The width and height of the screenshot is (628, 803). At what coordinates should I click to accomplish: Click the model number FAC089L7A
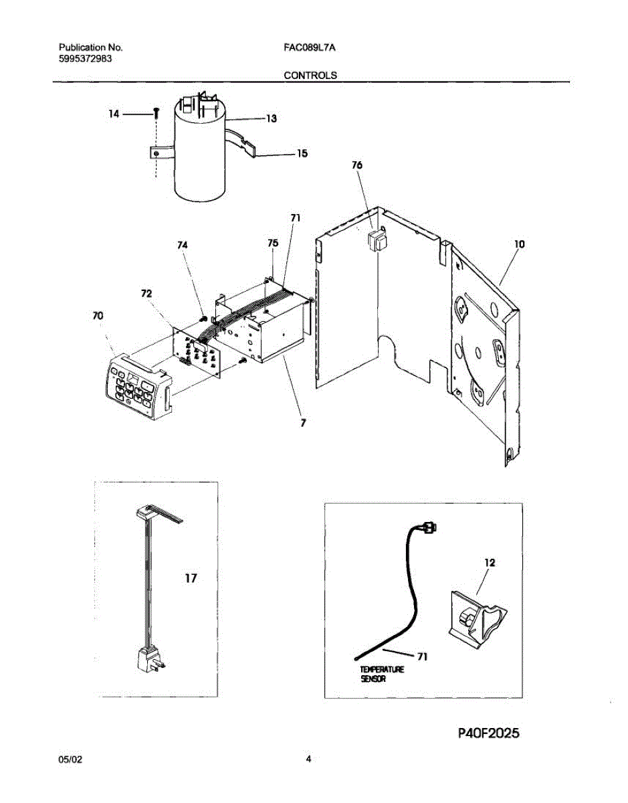pos(310,48)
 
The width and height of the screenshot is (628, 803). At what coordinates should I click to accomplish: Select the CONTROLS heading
pos(310,76)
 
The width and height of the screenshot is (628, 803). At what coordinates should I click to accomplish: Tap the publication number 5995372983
pos(85,59)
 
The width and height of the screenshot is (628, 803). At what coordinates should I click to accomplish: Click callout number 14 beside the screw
pos(114,114)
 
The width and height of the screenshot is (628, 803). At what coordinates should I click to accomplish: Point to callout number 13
pos(272,119)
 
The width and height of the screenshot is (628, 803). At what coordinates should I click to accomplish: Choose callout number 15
pos(302,153)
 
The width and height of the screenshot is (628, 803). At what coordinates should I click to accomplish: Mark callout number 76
pos(357,165)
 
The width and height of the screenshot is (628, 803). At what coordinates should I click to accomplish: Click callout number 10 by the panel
pos(519,245)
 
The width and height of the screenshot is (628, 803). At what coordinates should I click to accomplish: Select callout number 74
pos(183,246)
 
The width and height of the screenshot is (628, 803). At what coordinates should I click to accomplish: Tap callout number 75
pos(272,244)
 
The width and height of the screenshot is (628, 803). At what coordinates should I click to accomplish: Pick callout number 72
pos(146,294)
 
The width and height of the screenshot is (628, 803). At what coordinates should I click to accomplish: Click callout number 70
pos(98,315)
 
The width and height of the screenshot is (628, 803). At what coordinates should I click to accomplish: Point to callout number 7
pos(303,422)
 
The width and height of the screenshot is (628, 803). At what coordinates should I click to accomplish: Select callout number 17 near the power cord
pos(191,578)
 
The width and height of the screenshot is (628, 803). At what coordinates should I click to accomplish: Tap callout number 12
pos(490,563)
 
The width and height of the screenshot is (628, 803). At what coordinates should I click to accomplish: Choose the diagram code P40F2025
pos(489,734)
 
